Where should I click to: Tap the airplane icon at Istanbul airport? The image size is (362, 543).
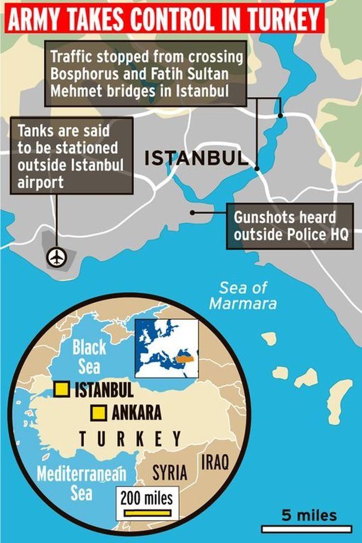pos(57,258)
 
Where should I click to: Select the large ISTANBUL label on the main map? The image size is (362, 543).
pos(196,159)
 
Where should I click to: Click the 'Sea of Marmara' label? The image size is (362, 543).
pos(243,295)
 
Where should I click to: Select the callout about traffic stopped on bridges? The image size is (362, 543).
pos(145,73)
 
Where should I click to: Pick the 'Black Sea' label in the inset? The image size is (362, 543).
pos(89,356)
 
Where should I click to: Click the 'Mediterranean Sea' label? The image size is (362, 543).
pos(81,483)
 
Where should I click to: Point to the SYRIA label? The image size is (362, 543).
pos(170,472)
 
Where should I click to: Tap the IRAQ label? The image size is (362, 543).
pos(215,463)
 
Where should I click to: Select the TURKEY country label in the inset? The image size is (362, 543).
pos(130,438)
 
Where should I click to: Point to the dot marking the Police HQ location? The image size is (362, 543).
pos(192,212)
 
